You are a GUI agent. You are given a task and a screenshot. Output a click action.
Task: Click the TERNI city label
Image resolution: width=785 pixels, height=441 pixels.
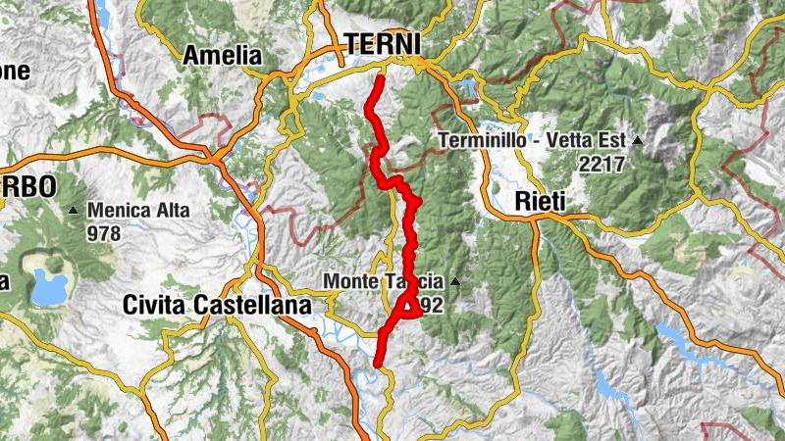click(x=382, y=44)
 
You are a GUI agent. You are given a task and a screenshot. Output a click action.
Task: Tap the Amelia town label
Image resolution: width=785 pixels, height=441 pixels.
click(x=223, y=55)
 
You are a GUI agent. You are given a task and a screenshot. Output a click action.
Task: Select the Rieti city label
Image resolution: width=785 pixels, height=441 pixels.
click(x=543, y=202)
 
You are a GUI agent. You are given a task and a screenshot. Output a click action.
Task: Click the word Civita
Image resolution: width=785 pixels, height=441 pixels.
click(x=156, y=305)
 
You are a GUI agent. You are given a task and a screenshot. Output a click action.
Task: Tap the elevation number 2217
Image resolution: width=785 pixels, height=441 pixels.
click(x=602, y=165)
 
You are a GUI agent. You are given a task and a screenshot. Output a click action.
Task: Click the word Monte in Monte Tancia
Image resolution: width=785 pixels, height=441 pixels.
click(x=350, y=283)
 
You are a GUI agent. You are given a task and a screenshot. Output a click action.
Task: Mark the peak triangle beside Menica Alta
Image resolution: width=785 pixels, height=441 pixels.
click(x=74, y=210)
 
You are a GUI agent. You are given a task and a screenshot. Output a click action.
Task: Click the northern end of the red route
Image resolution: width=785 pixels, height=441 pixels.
click(x=379, y=77)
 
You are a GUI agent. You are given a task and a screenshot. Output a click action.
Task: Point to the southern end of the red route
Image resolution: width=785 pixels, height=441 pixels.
click(x=377, y=365)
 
